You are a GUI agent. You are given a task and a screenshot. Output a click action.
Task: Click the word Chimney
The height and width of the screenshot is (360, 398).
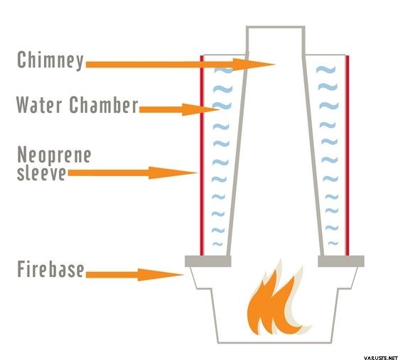50,60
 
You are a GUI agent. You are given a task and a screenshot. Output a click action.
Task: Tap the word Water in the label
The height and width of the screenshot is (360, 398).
39,104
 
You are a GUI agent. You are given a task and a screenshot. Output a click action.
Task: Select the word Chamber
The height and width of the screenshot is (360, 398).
104,104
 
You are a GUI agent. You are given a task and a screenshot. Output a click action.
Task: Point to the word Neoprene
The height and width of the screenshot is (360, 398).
54,154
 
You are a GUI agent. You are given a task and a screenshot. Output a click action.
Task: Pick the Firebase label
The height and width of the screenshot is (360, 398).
50,269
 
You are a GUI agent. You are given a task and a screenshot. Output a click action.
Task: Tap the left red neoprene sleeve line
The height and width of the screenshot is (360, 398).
202,156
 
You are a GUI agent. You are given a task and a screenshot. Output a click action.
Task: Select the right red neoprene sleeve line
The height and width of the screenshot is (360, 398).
348,156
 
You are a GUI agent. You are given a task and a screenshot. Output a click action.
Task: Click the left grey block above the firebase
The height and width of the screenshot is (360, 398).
208,261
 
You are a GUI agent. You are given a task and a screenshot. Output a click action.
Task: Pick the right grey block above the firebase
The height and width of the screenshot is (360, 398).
341,261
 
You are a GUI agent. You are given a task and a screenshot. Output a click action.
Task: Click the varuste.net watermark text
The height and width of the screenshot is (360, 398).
380,358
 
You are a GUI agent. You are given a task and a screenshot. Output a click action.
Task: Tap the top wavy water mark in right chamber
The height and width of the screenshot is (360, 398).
326,69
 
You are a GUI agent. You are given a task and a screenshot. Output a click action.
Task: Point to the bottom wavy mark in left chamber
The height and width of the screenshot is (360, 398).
217,244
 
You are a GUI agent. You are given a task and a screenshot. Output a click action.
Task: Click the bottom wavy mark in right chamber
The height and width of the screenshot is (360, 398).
333,244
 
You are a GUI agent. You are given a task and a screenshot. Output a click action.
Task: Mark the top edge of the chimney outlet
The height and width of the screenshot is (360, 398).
276,27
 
